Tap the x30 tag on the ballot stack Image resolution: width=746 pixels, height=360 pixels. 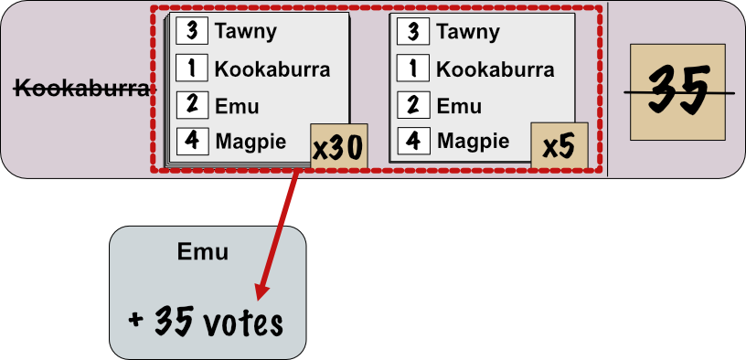click(338, 148)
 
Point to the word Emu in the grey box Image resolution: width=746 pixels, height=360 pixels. click(202, 253)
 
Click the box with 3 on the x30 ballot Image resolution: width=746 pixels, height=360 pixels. click(192, 32)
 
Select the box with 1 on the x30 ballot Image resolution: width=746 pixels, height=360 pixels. click(192, 69)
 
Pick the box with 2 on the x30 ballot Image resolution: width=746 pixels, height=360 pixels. click(192, 105)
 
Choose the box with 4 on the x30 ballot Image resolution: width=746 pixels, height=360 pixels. click(192, 142)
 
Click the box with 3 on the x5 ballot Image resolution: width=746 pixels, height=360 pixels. click(414, 32)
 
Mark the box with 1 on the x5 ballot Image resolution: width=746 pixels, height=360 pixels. click(414, 69)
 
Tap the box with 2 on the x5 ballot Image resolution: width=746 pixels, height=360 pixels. click(414, 105)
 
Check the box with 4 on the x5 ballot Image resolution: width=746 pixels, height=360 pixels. click(414, 142)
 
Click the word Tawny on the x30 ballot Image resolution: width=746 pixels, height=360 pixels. click(245, 32)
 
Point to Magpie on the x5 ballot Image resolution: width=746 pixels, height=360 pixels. click(472, 142)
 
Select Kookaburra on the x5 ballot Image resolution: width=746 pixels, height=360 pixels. click(494, 69)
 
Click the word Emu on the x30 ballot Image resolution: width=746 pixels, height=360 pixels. click(237, 106)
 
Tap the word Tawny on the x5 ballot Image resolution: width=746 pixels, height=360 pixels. click(467, 32)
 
